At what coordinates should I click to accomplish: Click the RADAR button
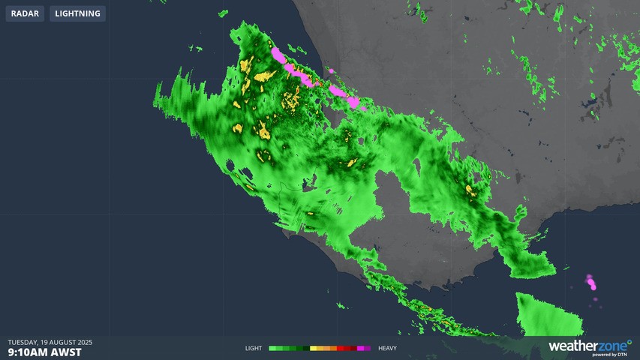tap(25, 13)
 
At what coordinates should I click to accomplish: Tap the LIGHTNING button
tap(77, 13)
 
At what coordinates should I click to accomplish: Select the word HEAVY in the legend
tap(387, 348)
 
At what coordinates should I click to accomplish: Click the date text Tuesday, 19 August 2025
tap(50, 342)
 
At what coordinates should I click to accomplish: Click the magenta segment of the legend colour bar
tap(365, 348)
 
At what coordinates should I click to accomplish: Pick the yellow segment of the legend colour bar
tap(319, 348)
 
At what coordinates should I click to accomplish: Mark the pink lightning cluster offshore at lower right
tap(591, 283)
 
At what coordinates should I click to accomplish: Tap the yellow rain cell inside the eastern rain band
tap(470, 190)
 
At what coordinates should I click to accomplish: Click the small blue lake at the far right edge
tap(593, 100)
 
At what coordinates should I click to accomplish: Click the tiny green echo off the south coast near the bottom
tap(342, 306)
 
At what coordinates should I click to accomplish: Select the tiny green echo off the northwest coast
tap(196, 49)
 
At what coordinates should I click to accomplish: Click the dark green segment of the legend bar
tap(304, 348)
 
